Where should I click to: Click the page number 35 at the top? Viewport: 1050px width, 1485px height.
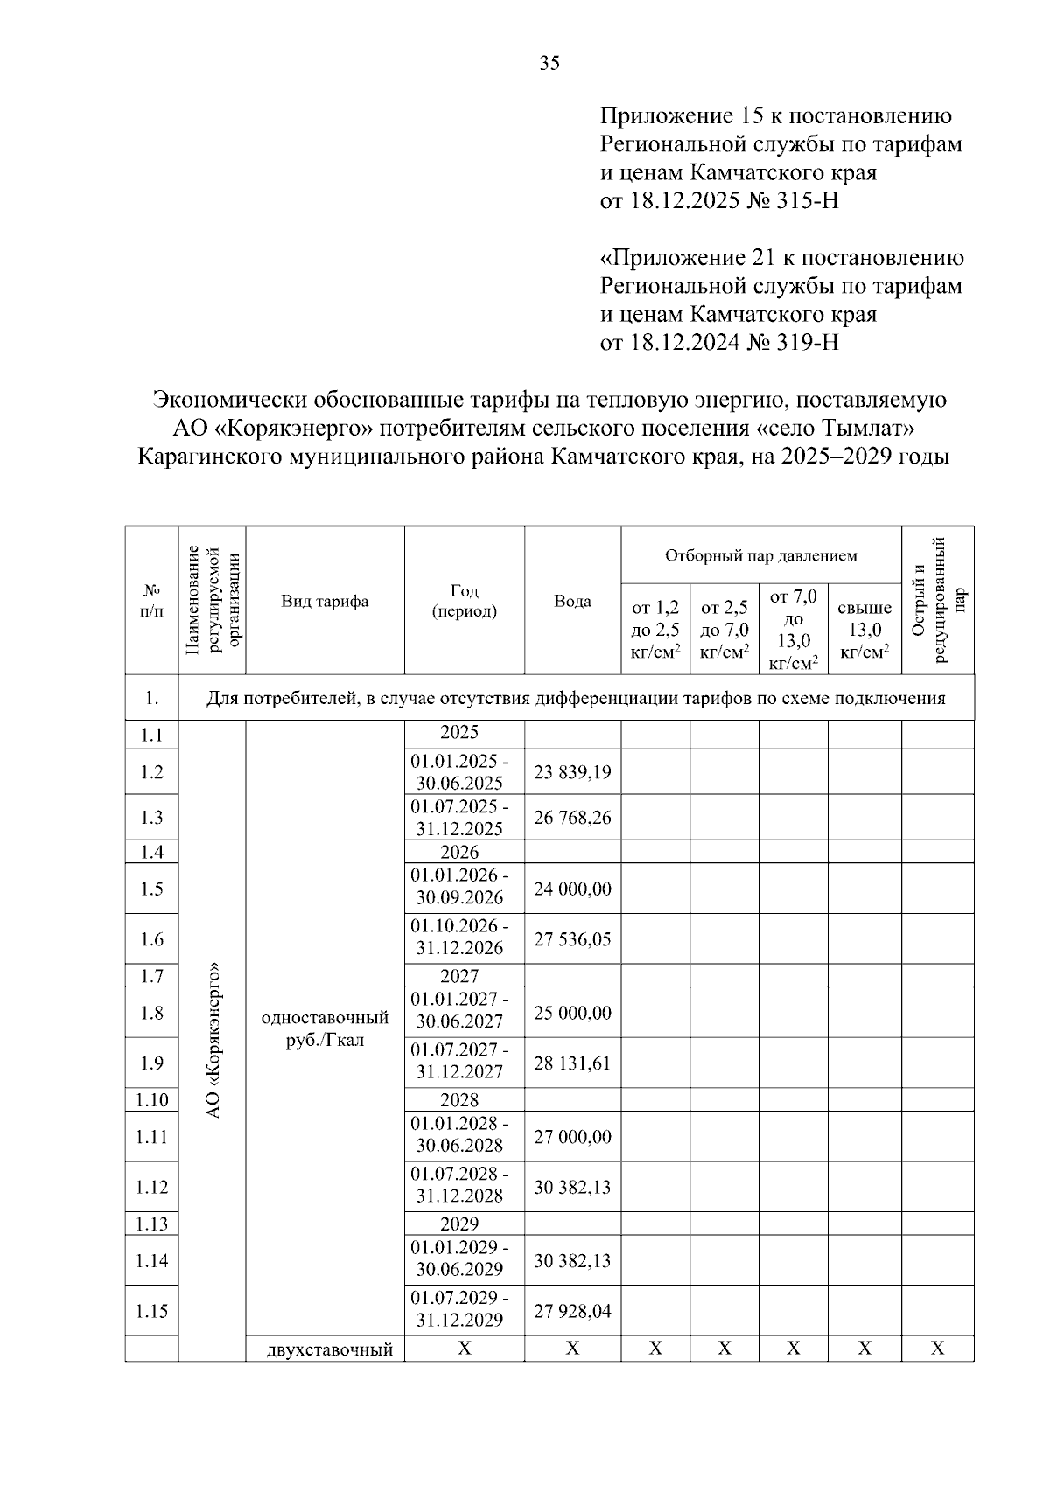point(549,63)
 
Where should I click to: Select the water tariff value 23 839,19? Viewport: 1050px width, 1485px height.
point(572,772)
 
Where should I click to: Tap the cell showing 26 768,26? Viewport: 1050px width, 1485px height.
point(572,818)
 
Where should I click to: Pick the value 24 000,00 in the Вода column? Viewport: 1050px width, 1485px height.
point(572,889)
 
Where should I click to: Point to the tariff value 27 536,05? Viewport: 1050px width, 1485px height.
point(572,939)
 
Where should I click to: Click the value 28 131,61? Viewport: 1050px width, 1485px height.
point(572,1063)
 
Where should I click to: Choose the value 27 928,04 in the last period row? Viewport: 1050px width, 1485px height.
point(572,1311)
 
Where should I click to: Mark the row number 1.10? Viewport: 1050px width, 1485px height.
point(151,1100)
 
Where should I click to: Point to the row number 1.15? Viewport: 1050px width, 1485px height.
point(151,1311)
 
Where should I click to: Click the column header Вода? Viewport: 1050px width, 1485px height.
point(572,602)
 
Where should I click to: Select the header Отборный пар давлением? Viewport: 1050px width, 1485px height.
point(760,556)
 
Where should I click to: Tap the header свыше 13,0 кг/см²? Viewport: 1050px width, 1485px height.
point(864,630)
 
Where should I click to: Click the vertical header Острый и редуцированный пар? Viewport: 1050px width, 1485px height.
point(937,601)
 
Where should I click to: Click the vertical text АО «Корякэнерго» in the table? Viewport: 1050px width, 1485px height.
point(212,1041)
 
